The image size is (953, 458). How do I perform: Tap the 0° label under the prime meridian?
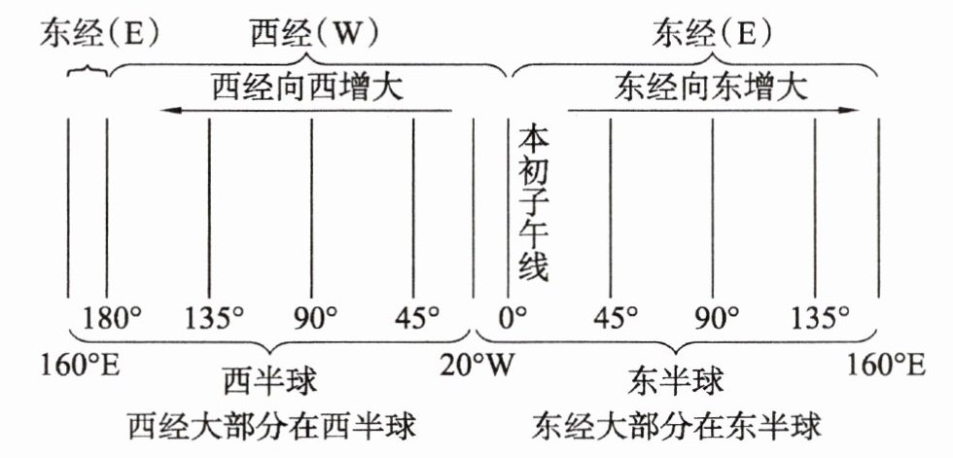(x=512, y=317)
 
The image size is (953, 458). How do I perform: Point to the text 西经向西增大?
(x=307, y=89)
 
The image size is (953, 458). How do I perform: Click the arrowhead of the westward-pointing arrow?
(x=170, y=111)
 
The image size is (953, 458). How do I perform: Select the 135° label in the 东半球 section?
(x=820, y=317)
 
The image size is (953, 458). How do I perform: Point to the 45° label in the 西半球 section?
(x=416, y=317)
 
